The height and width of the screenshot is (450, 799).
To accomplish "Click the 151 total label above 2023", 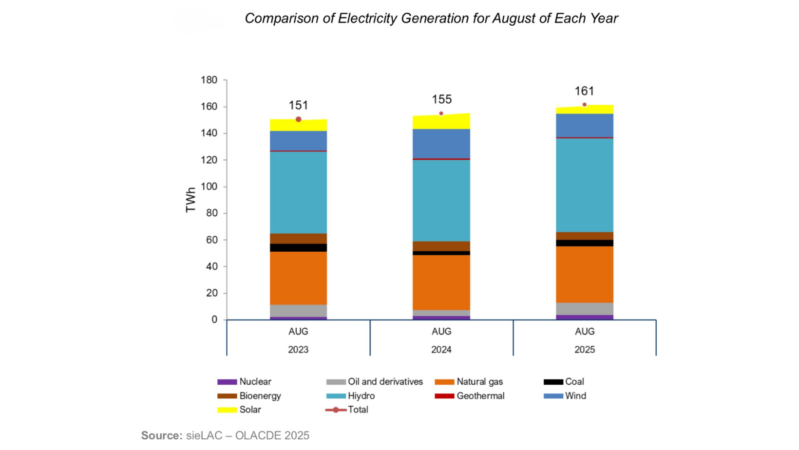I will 298,105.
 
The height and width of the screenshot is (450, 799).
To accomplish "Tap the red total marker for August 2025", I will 585,105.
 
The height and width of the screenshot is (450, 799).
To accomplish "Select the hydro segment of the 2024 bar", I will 441,200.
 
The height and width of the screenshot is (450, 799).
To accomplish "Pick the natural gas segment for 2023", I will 298,278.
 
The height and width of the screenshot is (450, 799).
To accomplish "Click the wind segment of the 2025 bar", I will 585,126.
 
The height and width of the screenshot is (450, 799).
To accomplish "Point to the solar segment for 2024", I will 441,122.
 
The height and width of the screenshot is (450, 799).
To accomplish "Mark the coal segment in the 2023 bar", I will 298,247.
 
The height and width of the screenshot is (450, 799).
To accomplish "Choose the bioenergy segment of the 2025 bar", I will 585,236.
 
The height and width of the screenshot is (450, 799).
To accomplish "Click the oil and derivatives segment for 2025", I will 585,309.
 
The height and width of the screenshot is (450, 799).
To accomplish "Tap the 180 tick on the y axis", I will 209,80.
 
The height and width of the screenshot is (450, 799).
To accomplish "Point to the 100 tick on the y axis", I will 209,187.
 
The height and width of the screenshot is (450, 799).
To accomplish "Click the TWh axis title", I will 190,200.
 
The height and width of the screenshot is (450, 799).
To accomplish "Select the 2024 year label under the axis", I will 441,350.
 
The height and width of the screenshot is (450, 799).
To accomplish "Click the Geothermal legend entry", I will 480,396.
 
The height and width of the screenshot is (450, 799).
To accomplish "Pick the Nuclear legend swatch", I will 227,382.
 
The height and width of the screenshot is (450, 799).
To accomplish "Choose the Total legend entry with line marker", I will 347,410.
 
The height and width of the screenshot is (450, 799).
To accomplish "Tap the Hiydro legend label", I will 361,396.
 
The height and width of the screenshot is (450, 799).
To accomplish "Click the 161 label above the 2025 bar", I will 584,91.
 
